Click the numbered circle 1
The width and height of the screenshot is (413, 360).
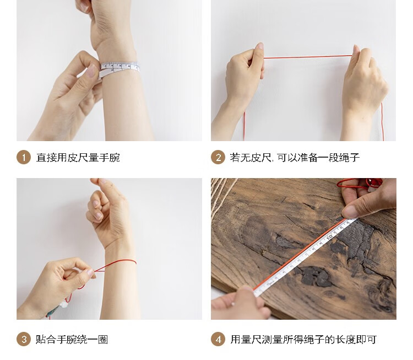point(24,158)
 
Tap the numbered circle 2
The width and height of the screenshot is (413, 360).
point(218,158)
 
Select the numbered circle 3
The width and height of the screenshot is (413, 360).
point(24,339)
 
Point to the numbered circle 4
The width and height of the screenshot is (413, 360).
point(218,339)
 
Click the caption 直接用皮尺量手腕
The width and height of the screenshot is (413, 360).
point(78,158)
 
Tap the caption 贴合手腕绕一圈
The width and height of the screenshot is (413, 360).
point(72,340)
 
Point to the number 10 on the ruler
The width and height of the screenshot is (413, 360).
point(329,237)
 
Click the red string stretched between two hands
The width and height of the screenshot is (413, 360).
point(307,57)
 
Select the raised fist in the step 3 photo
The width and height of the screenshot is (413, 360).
point(108,208)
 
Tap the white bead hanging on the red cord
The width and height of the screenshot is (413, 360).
point(64,305)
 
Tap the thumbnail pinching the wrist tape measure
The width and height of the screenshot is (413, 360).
point(91,71)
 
